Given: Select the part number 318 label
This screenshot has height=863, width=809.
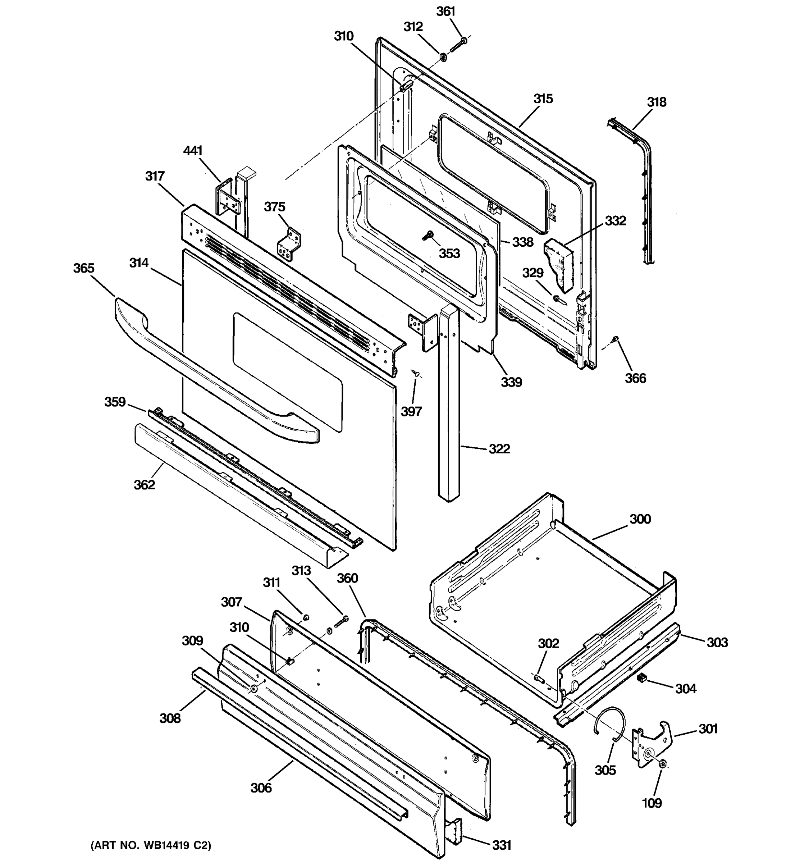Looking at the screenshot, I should (656, 102).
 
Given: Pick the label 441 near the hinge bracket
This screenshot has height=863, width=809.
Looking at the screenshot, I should (193, 151).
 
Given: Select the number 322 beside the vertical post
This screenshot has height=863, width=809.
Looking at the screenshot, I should (499, 448).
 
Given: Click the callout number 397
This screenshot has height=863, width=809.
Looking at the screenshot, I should (411, 411).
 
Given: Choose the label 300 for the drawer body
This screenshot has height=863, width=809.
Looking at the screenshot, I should (640, 519).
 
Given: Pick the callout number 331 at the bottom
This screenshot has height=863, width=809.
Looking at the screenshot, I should (501, 845).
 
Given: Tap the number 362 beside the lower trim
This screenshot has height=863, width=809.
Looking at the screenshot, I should (144, 484).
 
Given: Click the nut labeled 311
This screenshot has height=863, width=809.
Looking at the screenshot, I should (305, 617).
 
